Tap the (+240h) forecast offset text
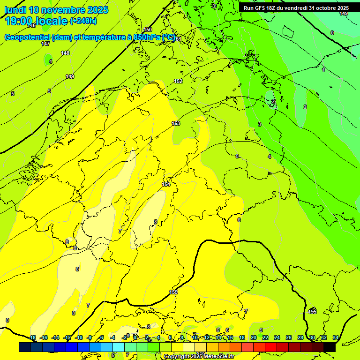click(83, 21)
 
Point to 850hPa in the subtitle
click(146, 37)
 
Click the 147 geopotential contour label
click(45, 44)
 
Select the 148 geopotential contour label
click(65, 53)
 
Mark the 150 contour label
click(148, 30)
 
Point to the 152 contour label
click(178, 81)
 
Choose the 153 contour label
click(176, 123)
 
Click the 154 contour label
click(166, 184)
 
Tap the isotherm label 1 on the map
click(323, 70)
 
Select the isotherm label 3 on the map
click(259, 124)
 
